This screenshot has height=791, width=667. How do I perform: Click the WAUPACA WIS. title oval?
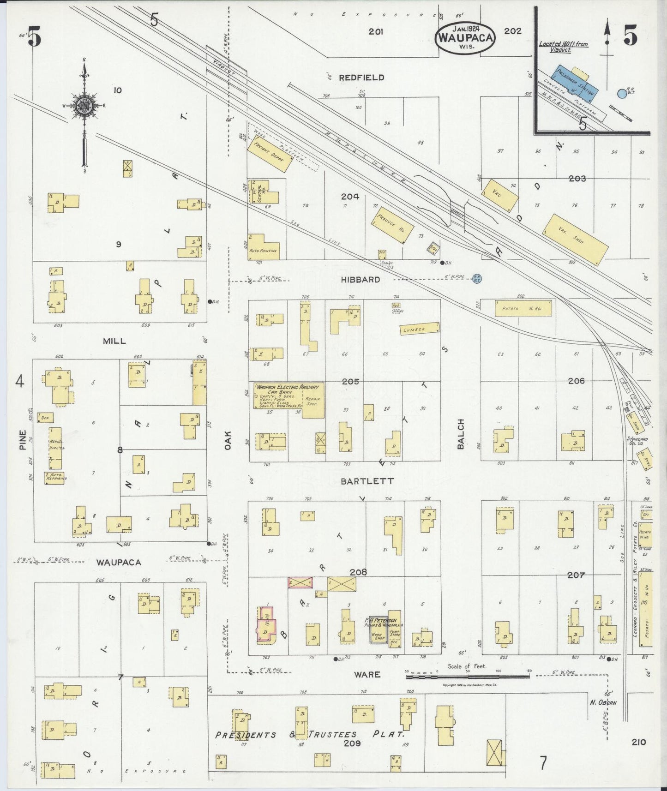coord(465,37)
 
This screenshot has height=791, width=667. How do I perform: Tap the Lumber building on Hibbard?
coord(420,329)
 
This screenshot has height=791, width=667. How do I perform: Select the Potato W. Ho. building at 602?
coord(523,309)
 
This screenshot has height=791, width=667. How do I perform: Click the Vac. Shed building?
coord(576,239)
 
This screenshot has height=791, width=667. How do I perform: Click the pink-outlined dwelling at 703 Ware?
coord(266,624)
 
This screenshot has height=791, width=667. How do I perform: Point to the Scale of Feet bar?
coord(467,677)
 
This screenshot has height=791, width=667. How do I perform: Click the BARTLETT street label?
coord(367,481)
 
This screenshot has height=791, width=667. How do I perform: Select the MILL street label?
coord(114,341)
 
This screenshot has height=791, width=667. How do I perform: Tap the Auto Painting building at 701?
coord(263,248)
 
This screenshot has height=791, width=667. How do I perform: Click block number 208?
coord(358,572)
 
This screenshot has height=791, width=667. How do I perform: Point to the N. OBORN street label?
coord(603,703)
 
